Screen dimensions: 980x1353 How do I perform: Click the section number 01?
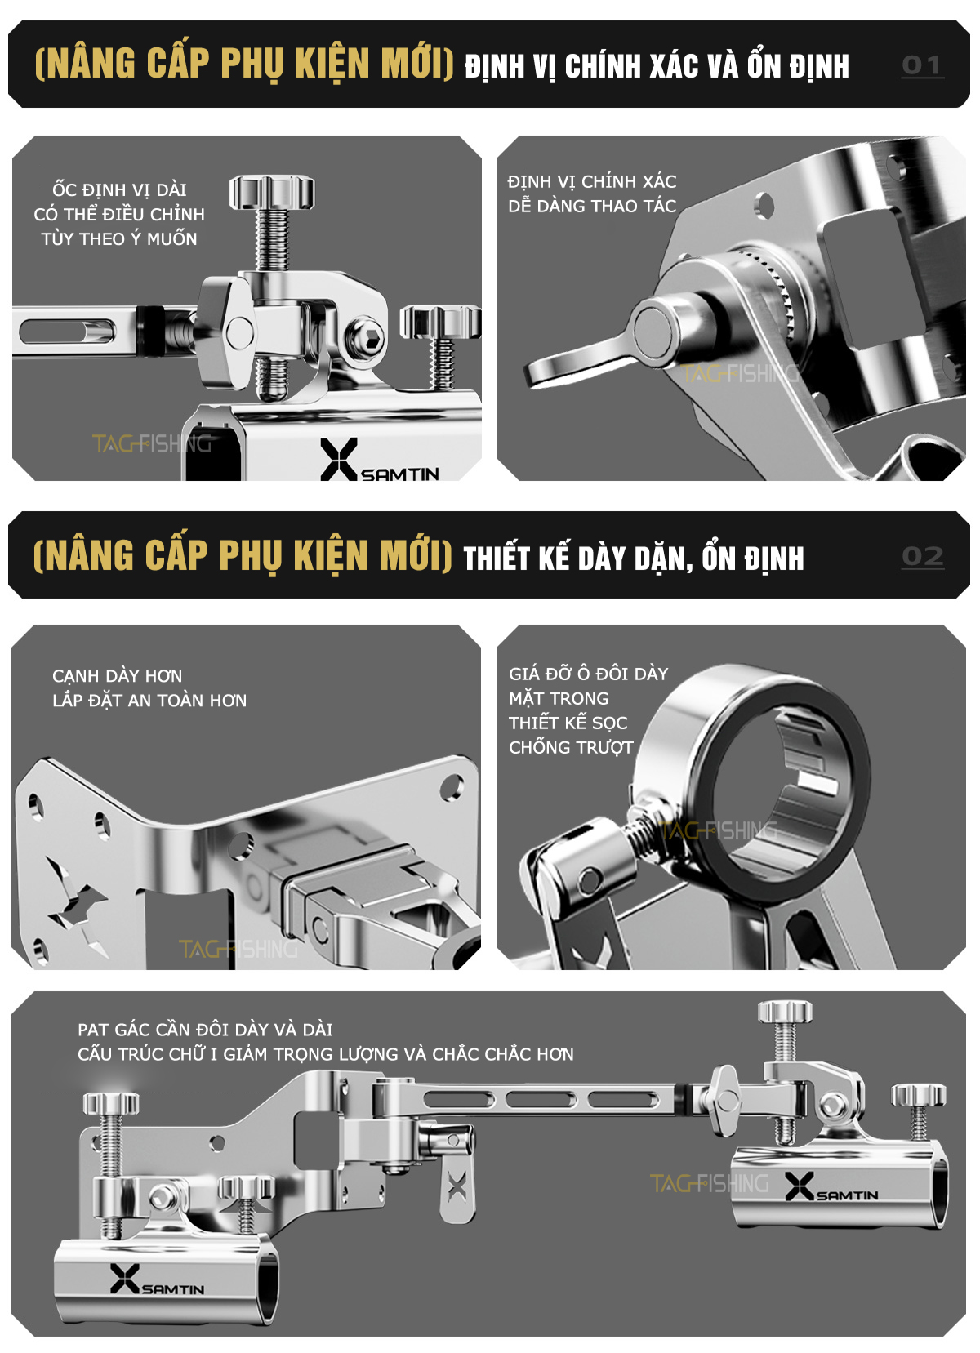(x=922, y=65)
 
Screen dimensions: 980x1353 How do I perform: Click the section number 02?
(x=923, y=556)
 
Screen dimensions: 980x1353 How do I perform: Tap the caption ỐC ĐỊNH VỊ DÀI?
(x=119, y=189)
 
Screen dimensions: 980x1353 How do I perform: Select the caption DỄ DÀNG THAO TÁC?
(x=592, y=206)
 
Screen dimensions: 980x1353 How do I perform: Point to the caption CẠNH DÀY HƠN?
(x=118, y=676)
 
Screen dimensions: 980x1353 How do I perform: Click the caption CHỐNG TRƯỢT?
(x=571, y=748)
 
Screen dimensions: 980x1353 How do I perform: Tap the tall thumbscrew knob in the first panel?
(x=272, y=191)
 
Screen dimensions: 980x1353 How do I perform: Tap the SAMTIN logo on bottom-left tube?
(x=157, y=1280)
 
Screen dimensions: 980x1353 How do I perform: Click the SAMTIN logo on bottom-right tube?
(x=831, y=1186)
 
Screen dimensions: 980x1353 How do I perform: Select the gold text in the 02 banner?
(x=243, y=555)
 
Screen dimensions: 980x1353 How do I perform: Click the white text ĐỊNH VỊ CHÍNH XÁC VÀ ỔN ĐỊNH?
(x=657, y=66)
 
